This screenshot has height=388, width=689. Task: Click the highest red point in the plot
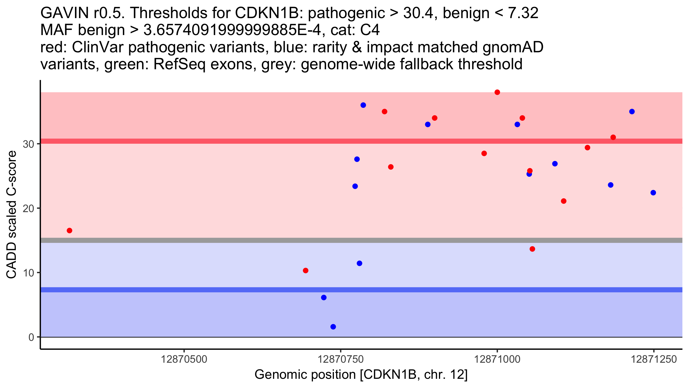497,92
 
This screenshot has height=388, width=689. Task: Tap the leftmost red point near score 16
69,231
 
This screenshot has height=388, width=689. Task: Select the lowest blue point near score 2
333,327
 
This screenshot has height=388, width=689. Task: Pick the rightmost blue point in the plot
653,193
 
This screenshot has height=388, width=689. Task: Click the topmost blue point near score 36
363,105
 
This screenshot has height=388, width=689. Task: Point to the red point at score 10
305,270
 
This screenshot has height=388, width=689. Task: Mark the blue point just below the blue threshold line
324,297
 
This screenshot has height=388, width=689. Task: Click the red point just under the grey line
532,249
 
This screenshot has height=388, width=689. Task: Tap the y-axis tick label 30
28,144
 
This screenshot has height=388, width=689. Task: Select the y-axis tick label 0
31,337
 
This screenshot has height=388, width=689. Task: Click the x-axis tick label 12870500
184,359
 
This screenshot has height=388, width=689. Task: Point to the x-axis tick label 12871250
654,359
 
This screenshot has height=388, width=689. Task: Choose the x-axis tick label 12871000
497,359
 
